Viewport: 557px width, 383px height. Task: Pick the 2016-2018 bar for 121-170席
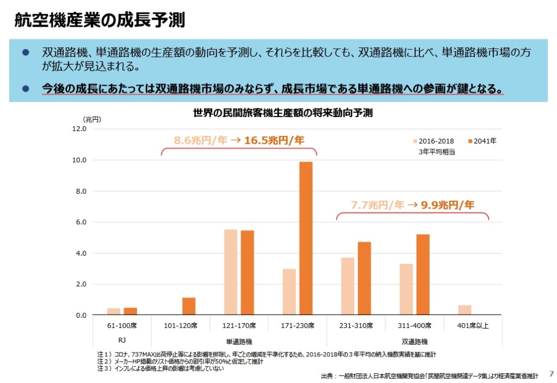click(231, 272)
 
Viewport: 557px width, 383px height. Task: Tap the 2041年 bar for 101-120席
click(189, 306)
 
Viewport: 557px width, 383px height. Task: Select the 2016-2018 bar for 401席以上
click(465, 310)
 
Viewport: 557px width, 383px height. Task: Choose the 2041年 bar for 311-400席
click(423, 274)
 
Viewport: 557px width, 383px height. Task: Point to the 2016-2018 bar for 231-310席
click(348, 286)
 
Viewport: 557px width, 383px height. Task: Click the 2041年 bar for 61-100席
click(130, 311)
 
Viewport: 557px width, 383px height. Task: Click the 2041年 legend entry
click(482, 141)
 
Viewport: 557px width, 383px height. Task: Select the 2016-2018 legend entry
click(434, 141)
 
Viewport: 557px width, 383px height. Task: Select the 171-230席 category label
click(298, 326)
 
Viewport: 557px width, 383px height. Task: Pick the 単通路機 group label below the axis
click(239, 342)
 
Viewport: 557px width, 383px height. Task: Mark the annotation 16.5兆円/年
click(274, 140)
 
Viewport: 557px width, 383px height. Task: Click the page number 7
click(550, 374)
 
